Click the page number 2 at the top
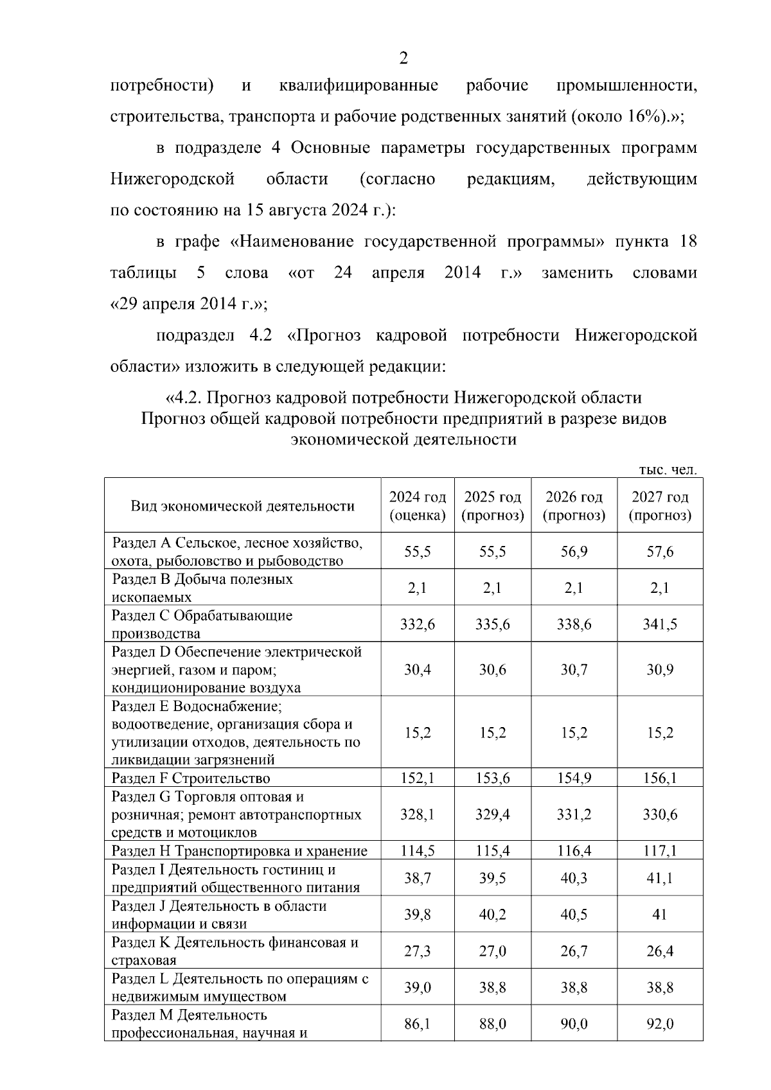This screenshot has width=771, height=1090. coord(403,59)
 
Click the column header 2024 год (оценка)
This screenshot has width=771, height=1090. coord(417,506)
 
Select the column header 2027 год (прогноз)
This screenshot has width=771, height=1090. coord(660,506)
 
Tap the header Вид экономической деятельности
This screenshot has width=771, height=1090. coord(242,506)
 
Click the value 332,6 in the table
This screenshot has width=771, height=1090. coord(417,624)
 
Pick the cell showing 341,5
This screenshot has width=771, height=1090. coord(660,624)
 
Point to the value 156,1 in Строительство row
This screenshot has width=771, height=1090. coord(660,778)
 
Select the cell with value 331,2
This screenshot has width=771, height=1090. coord(574,814)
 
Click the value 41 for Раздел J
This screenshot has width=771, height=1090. coord(660,915)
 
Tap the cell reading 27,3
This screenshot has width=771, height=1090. coord(417,951)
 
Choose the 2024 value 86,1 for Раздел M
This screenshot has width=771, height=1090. coord(417,1024)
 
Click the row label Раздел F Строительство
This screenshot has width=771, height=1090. coord(191,778)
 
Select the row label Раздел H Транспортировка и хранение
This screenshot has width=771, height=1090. coord(240,851)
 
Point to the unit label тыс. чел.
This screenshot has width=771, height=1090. coord(668,470)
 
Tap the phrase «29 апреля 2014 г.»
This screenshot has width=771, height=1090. coord(188,304)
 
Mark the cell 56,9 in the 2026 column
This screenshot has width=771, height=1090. coord(574,552)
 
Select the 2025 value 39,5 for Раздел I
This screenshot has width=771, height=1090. coord(492,878)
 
